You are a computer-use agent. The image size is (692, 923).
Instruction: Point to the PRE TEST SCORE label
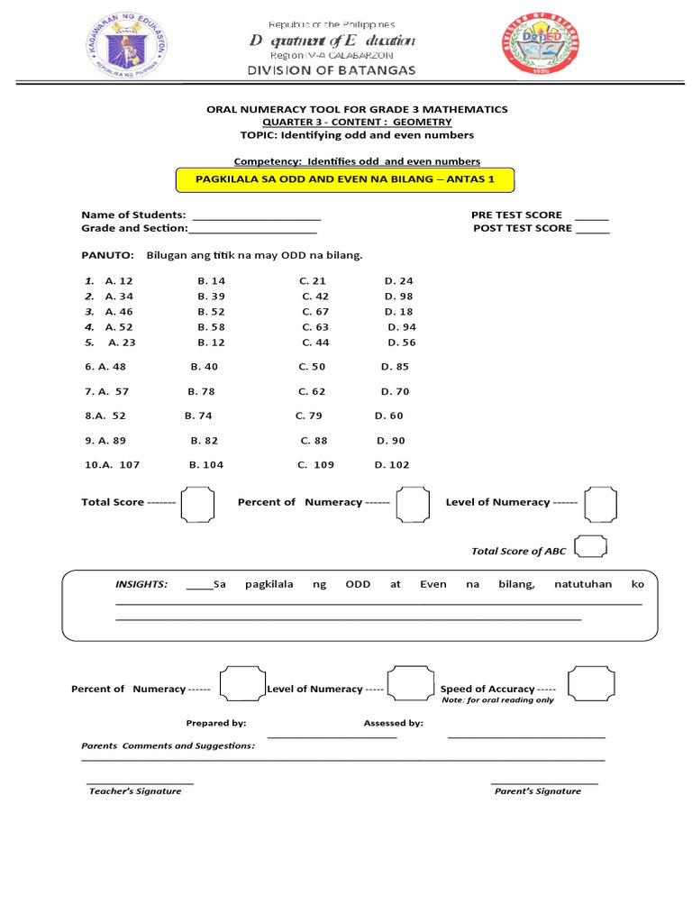[516, 215]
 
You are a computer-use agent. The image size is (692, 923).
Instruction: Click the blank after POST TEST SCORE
[592, 230]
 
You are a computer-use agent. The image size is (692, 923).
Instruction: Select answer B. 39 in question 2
[211, 297]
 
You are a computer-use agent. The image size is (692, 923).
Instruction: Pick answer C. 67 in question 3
[315, 312]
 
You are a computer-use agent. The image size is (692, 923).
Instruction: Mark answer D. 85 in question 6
[395, 367]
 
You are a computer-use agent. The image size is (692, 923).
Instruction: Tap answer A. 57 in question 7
[114, 392]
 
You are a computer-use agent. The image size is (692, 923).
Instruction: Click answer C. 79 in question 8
[309, 416]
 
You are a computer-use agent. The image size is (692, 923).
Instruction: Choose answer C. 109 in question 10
[315, 465]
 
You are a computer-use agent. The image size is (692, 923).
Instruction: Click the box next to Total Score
[196, 503]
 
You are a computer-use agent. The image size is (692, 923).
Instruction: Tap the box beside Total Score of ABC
[590, 547]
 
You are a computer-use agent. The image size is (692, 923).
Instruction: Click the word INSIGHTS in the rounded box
[141, 584]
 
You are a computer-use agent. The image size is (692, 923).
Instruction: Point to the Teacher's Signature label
[135, 791]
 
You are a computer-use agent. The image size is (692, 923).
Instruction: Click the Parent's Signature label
[537, 791]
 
